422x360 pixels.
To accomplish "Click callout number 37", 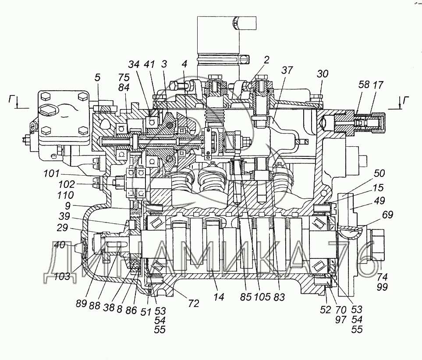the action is tap(287, 70).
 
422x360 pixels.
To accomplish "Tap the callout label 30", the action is tap(323, 74).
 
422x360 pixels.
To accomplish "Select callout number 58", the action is tap(364, 85).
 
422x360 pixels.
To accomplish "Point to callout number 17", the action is tap(378, 85).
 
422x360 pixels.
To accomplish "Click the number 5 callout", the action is tap(97, 78).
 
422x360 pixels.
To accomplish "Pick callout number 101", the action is tap(52, 173).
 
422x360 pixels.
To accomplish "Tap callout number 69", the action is tap(387, 215).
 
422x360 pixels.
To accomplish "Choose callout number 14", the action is tap(219, 297).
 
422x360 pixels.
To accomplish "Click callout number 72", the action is tap(194, 303).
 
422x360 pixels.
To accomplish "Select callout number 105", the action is tap(262, 297).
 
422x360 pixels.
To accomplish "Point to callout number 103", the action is tap(62, 276).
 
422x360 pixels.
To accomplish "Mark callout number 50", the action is tap(379, 173).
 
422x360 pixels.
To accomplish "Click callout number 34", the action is tap(134, 64).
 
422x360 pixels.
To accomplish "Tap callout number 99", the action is tap(382, 287).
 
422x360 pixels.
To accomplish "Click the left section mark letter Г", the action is tap(11, 100).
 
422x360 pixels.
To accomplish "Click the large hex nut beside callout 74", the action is tap(377, 245).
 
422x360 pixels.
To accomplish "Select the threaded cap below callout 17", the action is tap(377, 121).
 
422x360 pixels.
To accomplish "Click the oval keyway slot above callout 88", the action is tap(117, 245).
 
